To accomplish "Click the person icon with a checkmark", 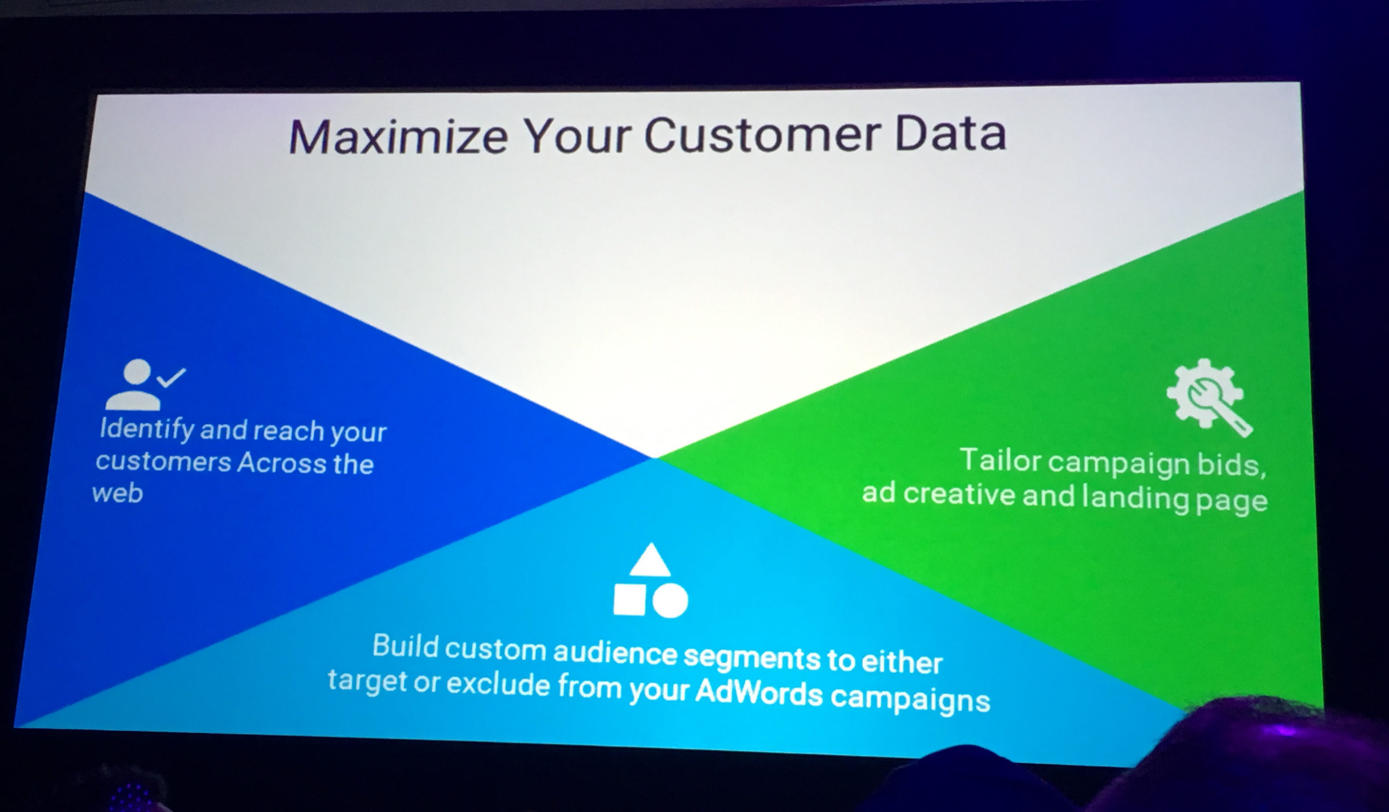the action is (145, 384).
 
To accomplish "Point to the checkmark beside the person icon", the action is (171, 378).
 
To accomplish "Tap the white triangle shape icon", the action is (650, 560).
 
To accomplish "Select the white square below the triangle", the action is (630, 599).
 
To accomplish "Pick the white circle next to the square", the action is (670, 600).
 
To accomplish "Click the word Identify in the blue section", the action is (147, 429).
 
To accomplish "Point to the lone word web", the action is (118, 493).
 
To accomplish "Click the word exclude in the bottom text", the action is (498, 685).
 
